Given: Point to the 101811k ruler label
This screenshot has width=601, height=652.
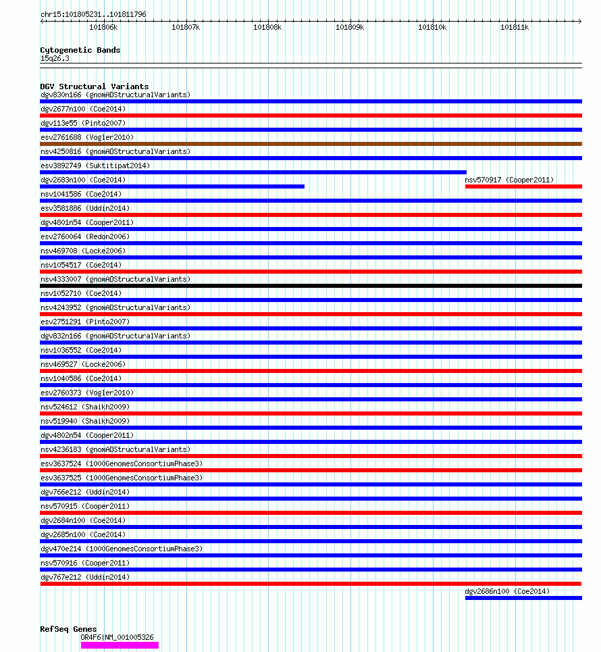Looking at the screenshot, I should pos(514,28).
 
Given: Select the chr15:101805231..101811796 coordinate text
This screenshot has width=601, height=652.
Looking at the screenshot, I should pos(93,14).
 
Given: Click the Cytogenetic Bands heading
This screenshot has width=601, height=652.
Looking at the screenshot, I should pos(80,50).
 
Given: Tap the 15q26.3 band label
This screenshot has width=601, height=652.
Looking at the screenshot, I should pos(55,58).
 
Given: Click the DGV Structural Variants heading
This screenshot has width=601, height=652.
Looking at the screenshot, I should pos(95,86).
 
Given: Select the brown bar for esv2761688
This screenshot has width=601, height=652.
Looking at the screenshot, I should pos(311,144).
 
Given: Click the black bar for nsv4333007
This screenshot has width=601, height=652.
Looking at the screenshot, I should pos(311,286).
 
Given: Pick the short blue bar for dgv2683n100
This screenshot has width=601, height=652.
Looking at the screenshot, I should pos(172,186).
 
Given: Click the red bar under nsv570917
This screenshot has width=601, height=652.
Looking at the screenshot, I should pos(523,186).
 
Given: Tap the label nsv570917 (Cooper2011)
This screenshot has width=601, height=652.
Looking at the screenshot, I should pos(509,180).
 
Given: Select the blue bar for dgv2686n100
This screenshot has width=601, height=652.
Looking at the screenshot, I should pos(523,598).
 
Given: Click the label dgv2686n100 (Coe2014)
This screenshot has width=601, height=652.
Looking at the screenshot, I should pos(507,591).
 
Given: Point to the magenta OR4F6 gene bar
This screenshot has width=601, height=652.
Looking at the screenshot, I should pos(120,645).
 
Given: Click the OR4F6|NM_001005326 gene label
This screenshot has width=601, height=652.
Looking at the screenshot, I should pos(117,637).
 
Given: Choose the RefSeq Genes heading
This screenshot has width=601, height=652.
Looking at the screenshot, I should pos(68,629).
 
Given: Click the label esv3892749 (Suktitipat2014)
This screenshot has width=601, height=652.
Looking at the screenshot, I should pos(95,166).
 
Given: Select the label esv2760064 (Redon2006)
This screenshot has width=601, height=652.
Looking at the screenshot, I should pos(85,236).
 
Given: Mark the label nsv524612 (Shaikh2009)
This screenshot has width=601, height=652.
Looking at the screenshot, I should pos(85,407).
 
